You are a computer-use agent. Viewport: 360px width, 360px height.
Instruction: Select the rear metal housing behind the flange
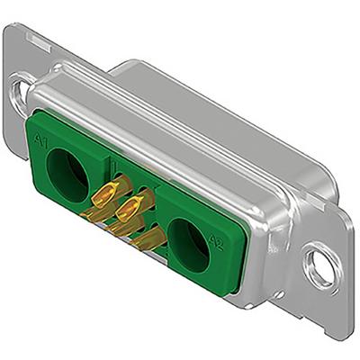tap(225, 99)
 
